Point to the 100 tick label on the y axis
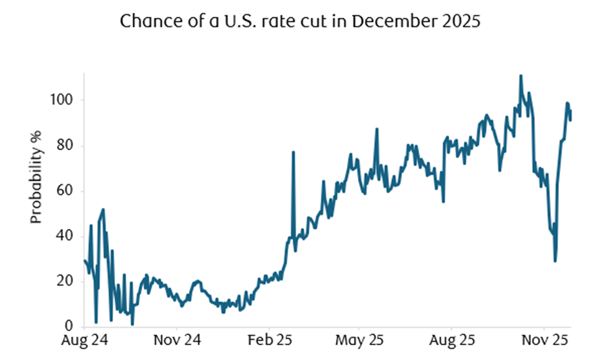click(x=65, y=100)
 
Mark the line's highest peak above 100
click(x=520, y=76)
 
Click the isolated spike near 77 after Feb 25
click(x=293, y=153)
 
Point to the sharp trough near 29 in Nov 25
click(x=555, y=260)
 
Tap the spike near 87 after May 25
click(x=377, y=130)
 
